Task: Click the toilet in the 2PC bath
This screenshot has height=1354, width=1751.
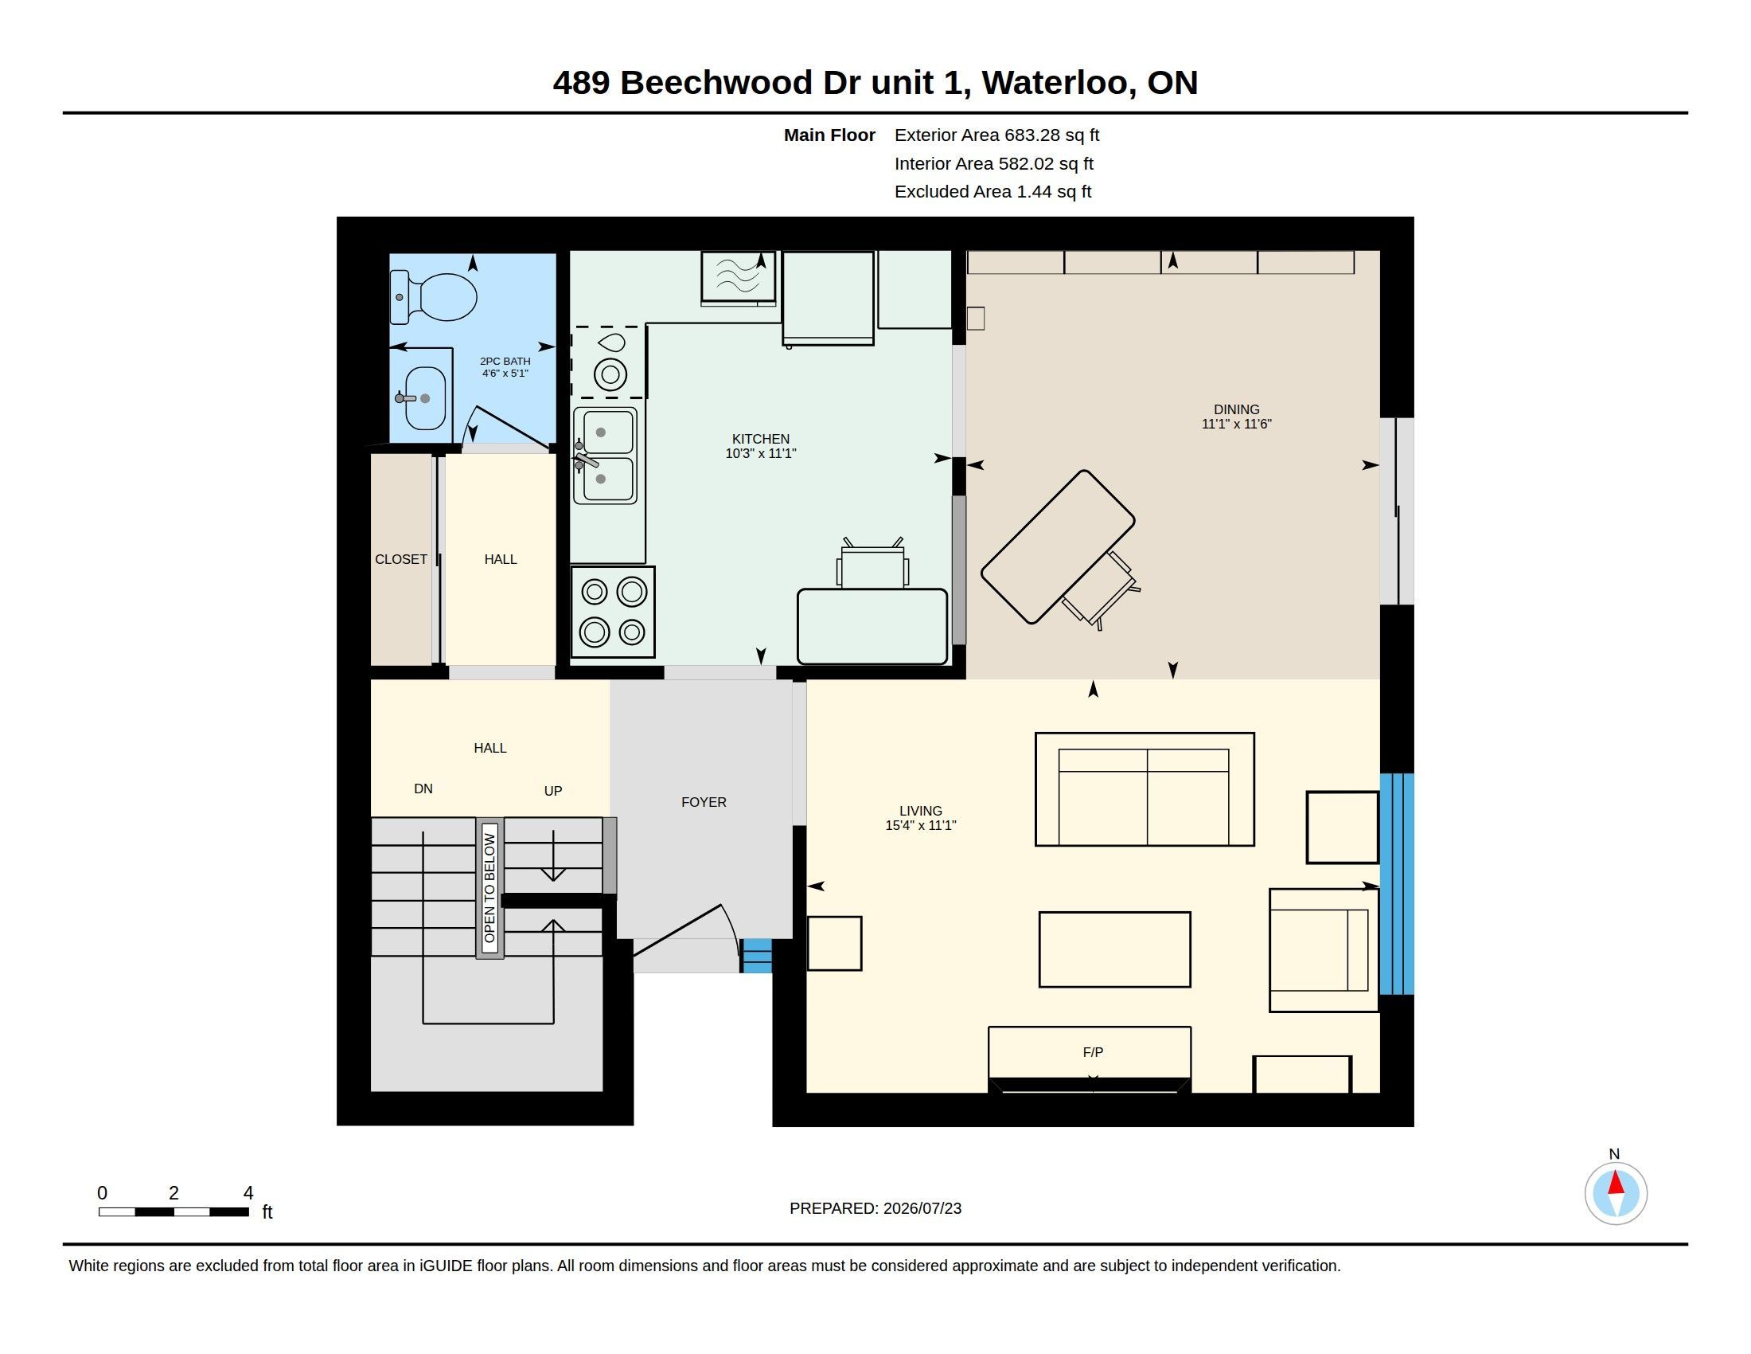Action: point(434,297)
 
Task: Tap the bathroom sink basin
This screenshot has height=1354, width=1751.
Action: point(425,398)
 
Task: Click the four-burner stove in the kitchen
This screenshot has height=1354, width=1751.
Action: point(614,612)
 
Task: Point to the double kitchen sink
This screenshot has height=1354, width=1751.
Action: point(606,456)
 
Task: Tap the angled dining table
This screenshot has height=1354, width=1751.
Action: point(1058,547)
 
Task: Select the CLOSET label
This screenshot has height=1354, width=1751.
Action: point(401,559)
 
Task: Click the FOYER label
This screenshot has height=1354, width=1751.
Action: point(704,802)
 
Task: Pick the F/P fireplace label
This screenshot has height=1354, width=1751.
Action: point(1093,1052)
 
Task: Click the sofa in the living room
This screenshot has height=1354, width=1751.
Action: point(1145,789)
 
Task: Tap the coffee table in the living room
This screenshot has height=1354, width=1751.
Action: point(1114,949)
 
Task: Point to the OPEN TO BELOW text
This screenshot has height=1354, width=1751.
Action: point(489,888)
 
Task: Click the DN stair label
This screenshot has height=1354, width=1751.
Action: point(423,789)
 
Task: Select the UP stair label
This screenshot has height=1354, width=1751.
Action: point(553,791)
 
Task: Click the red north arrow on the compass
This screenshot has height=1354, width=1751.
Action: point(1616,1183)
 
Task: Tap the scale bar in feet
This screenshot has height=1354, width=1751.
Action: point(174,1211)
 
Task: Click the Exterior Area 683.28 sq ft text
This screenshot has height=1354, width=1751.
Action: point(996,135)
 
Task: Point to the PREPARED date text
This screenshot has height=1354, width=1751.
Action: point(875,1208)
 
